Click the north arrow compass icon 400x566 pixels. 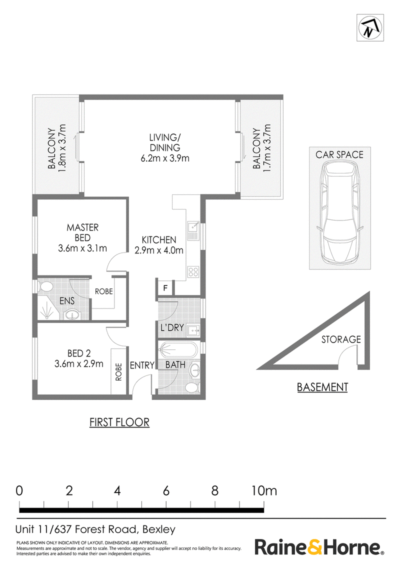pyautogui.click(x=370, y=28)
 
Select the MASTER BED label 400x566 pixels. pyautogui.click(x=82, y=232)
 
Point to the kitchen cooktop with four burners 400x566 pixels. pyautogui.click(x=193, y=272)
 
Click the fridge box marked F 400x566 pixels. pyautogui.click(x=165, y=288)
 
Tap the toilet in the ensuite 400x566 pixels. pyautogui.click(x=45, y=287)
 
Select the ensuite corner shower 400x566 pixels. pyautogui.click(x=47, y=310)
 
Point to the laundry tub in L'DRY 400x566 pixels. pyautogui.click(x=194, y=329)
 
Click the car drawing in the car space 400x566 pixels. pyautogui.click(x=339, y=212)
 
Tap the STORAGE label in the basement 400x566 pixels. pyautogui.click(x=341, y=339)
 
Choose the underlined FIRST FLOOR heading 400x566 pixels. pyautogui.click(x=119, y=422)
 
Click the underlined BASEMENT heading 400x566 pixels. pyautogui.click(x=322, y=387)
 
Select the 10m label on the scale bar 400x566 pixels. pyautogui.click(x=264, y=490)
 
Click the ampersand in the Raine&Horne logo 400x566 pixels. pyautogui.click(x=313, y=547)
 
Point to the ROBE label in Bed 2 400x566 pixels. pyautogui.click(x=118, y=372)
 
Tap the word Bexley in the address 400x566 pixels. pyautogui.click(x=159, y=529)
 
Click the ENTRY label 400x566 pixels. pyautogui.click(x=142, y=365)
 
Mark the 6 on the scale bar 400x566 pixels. pyautogui.click(x=166, y=490)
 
